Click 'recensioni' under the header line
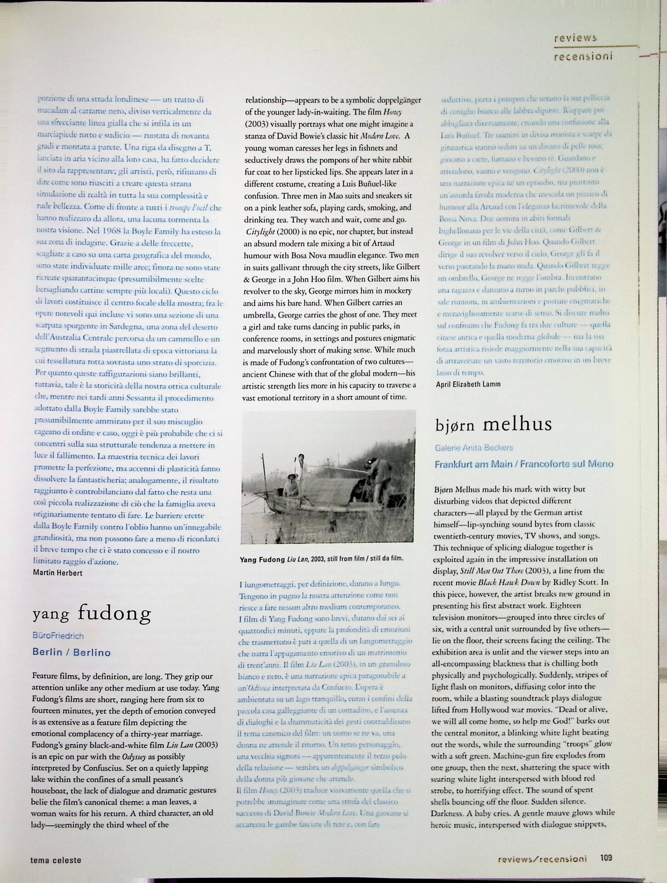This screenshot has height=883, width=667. point(583,56)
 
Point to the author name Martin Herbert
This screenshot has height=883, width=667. point(57,573)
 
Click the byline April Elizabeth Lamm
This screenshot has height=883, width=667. point(468,384)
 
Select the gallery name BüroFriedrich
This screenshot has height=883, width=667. point(58,636)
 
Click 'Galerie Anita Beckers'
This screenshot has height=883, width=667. point(473,447)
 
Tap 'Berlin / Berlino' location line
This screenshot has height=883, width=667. point(71,652)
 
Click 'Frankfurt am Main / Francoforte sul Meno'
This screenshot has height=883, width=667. point(524,464)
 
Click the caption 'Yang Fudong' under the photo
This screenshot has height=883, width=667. point(262,559)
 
